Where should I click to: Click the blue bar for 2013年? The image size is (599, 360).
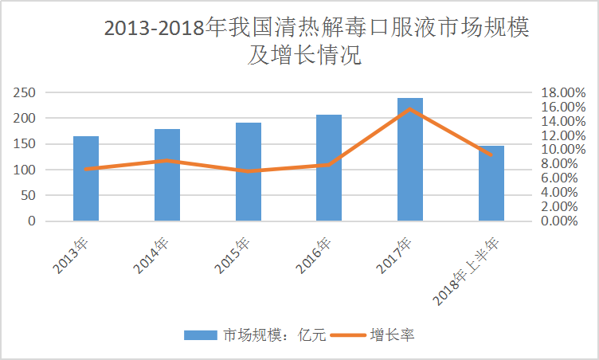(86, 179)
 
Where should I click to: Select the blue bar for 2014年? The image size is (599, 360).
(167, 175)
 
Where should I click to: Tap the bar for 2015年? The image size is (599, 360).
(248, 172)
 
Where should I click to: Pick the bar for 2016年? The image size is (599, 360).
(329, 168)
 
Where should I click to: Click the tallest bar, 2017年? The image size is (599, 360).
(410, 159)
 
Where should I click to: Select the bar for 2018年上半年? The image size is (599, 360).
(491, 184)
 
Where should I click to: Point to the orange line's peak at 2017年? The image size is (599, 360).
(410, 108)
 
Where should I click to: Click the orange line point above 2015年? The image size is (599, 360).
(248, 171)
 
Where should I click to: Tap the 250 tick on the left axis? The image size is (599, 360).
(25, 92)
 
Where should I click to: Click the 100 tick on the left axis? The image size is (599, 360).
(25, 170)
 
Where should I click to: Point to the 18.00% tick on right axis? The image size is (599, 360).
(563, 92)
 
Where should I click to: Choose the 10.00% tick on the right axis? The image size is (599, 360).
(563, 150)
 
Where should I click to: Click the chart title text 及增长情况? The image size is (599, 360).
(304, 57)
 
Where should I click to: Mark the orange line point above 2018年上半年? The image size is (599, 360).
(491, 155)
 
